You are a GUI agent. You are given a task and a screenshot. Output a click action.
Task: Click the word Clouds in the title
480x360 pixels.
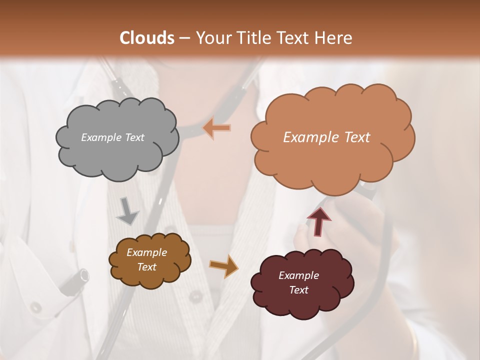147,38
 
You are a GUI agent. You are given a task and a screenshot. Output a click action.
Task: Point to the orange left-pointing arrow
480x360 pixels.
216,128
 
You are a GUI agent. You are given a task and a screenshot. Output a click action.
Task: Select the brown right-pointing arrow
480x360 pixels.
223,265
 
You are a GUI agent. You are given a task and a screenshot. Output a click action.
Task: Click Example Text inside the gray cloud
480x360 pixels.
112,137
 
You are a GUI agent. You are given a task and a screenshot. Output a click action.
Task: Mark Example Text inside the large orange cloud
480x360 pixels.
326,137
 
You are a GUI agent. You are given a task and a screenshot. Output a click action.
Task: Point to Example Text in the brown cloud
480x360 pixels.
147,259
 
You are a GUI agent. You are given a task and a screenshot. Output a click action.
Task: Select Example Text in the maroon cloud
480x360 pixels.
298,282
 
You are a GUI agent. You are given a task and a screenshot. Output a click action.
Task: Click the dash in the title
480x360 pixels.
184,38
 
